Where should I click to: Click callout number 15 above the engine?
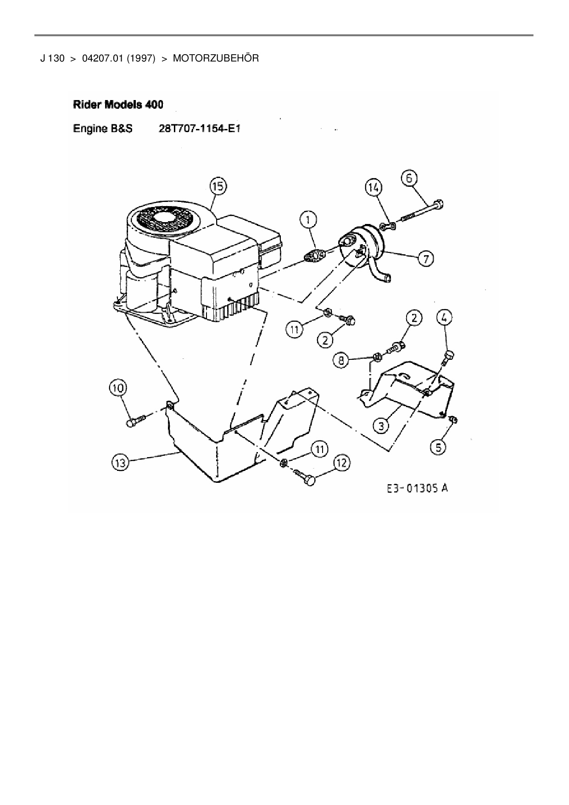click(x=218, y=187)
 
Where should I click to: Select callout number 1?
click(x=308, y=220)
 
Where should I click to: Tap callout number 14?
click(x=374, y=187)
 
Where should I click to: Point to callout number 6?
click(x=409, y=178)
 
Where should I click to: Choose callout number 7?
click(x=426, y=259)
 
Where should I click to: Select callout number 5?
click(x=439, y=447)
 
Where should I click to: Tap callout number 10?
click(x=118, y=388)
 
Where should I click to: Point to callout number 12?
click(x=342, y=463)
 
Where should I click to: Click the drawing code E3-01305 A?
click(x=417, y=488)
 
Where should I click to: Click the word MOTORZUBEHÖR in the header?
click(x=216, y=58)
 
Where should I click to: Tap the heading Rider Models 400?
click(x=118, y=105)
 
